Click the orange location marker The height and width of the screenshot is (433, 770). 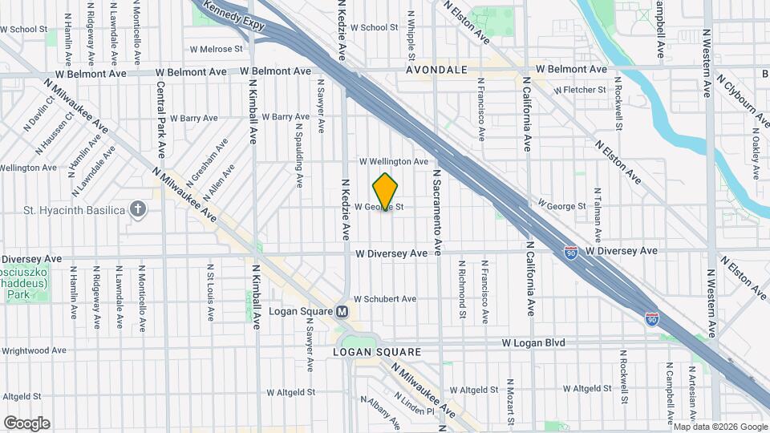[x=386, y=192]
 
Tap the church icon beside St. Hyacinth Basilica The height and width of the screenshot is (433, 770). [x=139, y=210]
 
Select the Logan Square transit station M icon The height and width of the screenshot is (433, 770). [x=342, y=311]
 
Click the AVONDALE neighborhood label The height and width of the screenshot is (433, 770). [x=436, y=71]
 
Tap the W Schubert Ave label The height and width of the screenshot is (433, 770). [x=385, y=299]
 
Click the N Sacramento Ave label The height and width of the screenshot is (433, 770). [x=438, y=212]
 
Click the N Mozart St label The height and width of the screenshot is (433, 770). [x=510, y=403]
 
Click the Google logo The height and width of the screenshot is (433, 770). [x=26, y=423]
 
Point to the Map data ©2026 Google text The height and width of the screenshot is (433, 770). [x=719, y=427]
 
